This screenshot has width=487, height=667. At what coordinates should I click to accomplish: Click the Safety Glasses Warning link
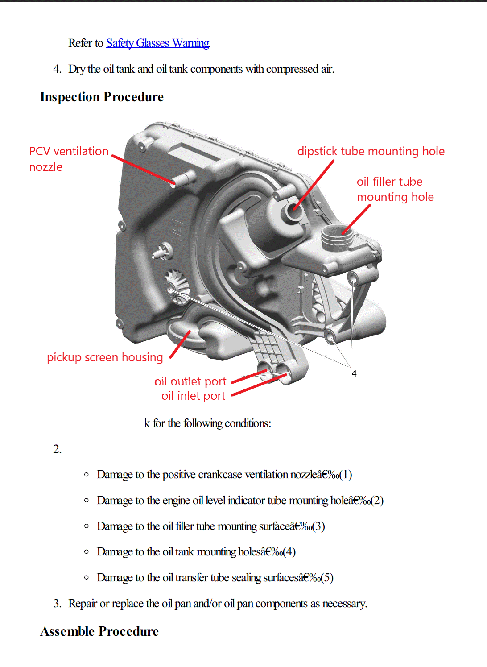point(157,43)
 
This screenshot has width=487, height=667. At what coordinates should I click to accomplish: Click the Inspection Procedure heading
point(102,97)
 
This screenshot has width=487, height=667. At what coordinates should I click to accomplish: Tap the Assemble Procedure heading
point(99,631)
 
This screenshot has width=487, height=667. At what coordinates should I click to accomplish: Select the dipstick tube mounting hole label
point(371,151)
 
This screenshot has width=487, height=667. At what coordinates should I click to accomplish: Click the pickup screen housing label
point(105,357)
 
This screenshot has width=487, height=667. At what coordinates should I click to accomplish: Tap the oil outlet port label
point(190,381)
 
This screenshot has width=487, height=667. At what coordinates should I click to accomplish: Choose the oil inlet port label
point(193,396)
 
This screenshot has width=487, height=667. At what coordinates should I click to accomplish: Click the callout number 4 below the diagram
point(354,374)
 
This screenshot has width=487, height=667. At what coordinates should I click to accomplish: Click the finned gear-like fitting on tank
point(175,287)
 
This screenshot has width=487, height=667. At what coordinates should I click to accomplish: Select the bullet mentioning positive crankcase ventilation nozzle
point(224,474)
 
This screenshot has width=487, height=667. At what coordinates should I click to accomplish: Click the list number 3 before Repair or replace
point(57,604)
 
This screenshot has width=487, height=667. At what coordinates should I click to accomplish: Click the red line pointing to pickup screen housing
point(180,344)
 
